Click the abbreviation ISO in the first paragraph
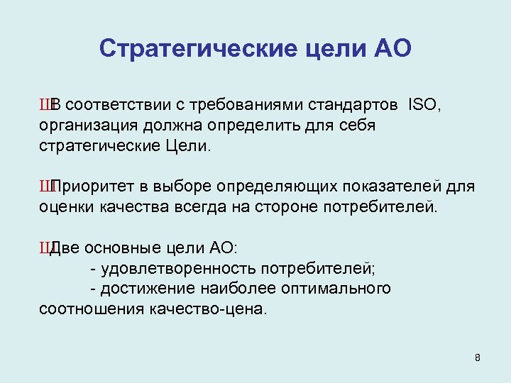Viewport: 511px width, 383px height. point(424,106)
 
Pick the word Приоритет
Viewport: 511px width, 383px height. point(94,187)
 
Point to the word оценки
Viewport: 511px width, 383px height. point(62,207)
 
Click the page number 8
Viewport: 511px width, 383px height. point(478,357)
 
